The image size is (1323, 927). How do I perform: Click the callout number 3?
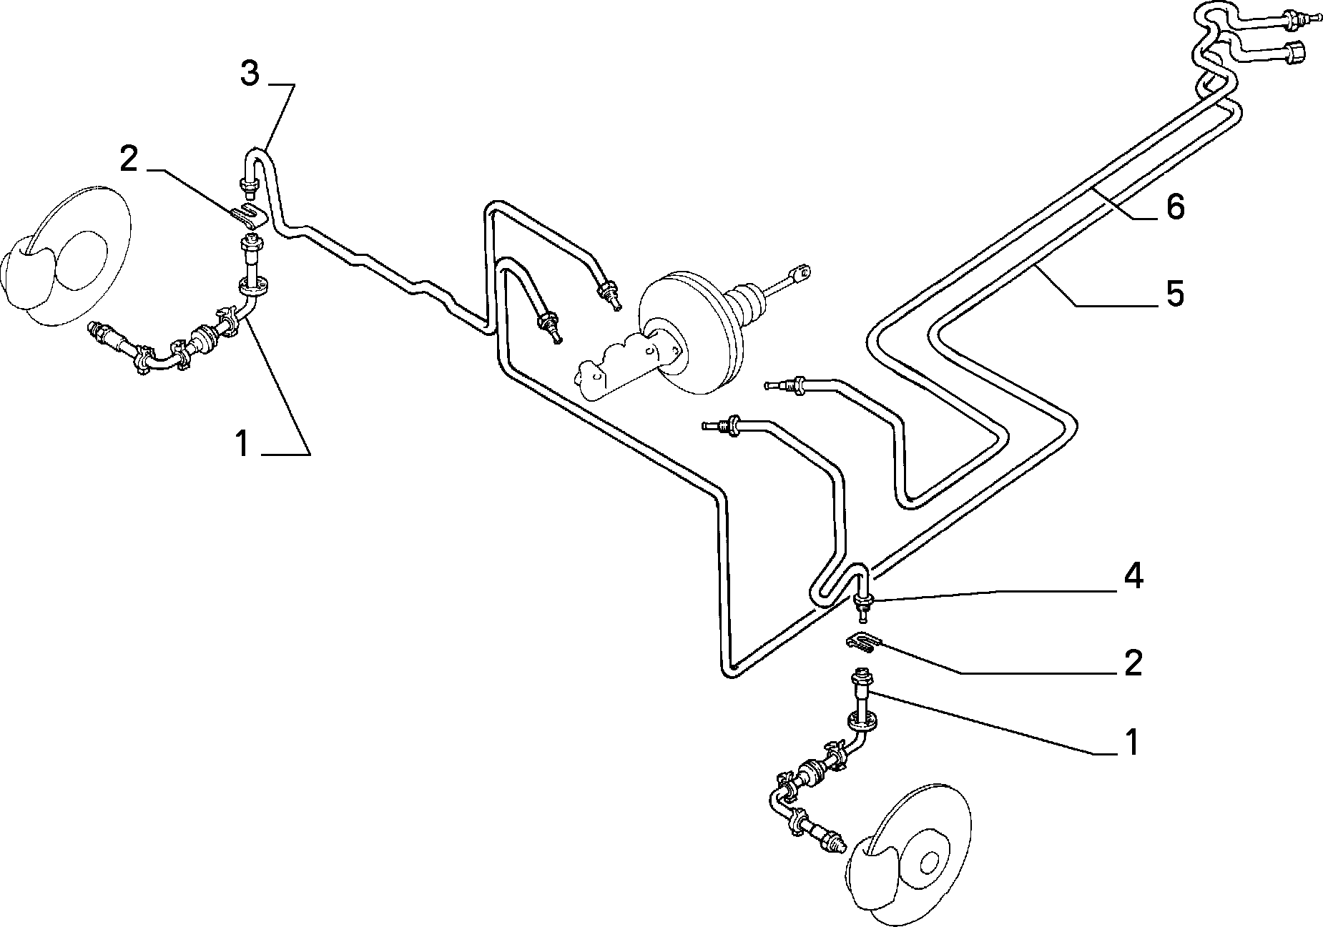click(249, 74)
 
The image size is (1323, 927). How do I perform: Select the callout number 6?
click(1175, 207)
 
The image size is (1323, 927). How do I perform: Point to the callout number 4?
click(1133, 577)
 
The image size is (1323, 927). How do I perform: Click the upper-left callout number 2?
click(128, 160)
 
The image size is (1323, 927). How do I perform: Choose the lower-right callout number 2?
click(1133, 663)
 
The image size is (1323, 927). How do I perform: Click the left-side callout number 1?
click(242, 444)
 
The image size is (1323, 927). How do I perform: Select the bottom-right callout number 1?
click(1131, 742)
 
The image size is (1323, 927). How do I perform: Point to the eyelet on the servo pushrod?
click(801, 272)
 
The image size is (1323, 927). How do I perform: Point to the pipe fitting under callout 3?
click(248, 187)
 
